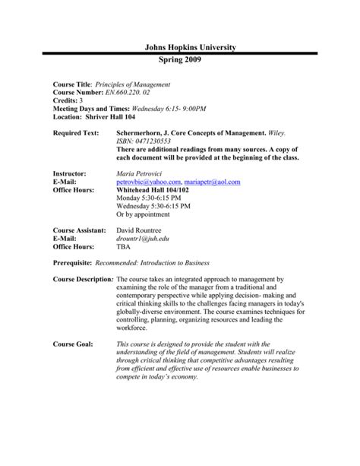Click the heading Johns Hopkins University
180,47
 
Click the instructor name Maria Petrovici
141,174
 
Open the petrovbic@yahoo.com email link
149,182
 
